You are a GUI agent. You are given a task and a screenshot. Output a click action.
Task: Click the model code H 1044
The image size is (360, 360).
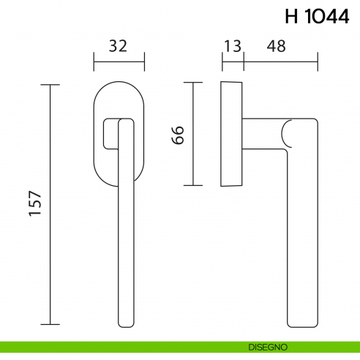click(316, 18)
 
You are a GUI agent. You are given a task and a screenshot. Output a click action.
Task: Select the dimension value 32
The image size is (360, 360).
click(119, 46)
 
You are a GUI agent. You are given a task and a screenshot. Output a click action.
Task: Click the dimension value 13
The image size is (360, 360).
click(232, 46)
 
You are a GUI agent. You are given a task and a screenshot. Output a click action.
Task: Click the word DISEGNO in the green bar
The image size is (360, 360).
click(268, 346)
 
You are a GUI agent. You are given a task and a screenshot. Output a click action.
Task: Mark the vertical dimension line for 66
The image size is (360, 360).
click(192, 135)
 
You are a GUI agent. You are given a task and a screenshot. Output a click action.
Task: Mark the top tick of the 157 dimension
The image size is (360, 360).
click(50, 85)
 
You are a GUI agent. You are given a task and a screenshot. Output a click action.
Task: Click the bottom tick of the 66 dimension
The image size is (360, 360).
click(192, 186)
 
